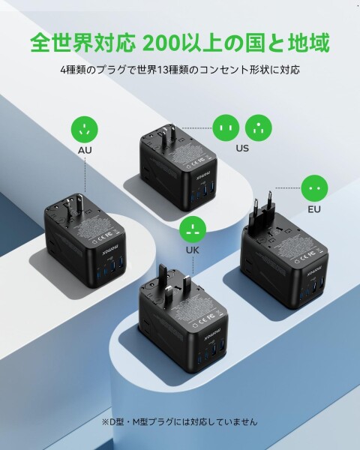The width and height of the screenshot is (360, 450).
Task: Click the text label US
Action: (x=242, y=148)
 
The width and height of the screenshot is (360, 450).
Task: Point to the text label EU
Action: (x=314, y=208)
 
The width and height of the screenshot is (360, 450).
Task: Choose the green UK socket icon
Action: (x=195, y=229)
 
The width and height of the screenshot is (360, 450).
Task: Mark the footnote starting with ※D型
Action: (x=179, y=421)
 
